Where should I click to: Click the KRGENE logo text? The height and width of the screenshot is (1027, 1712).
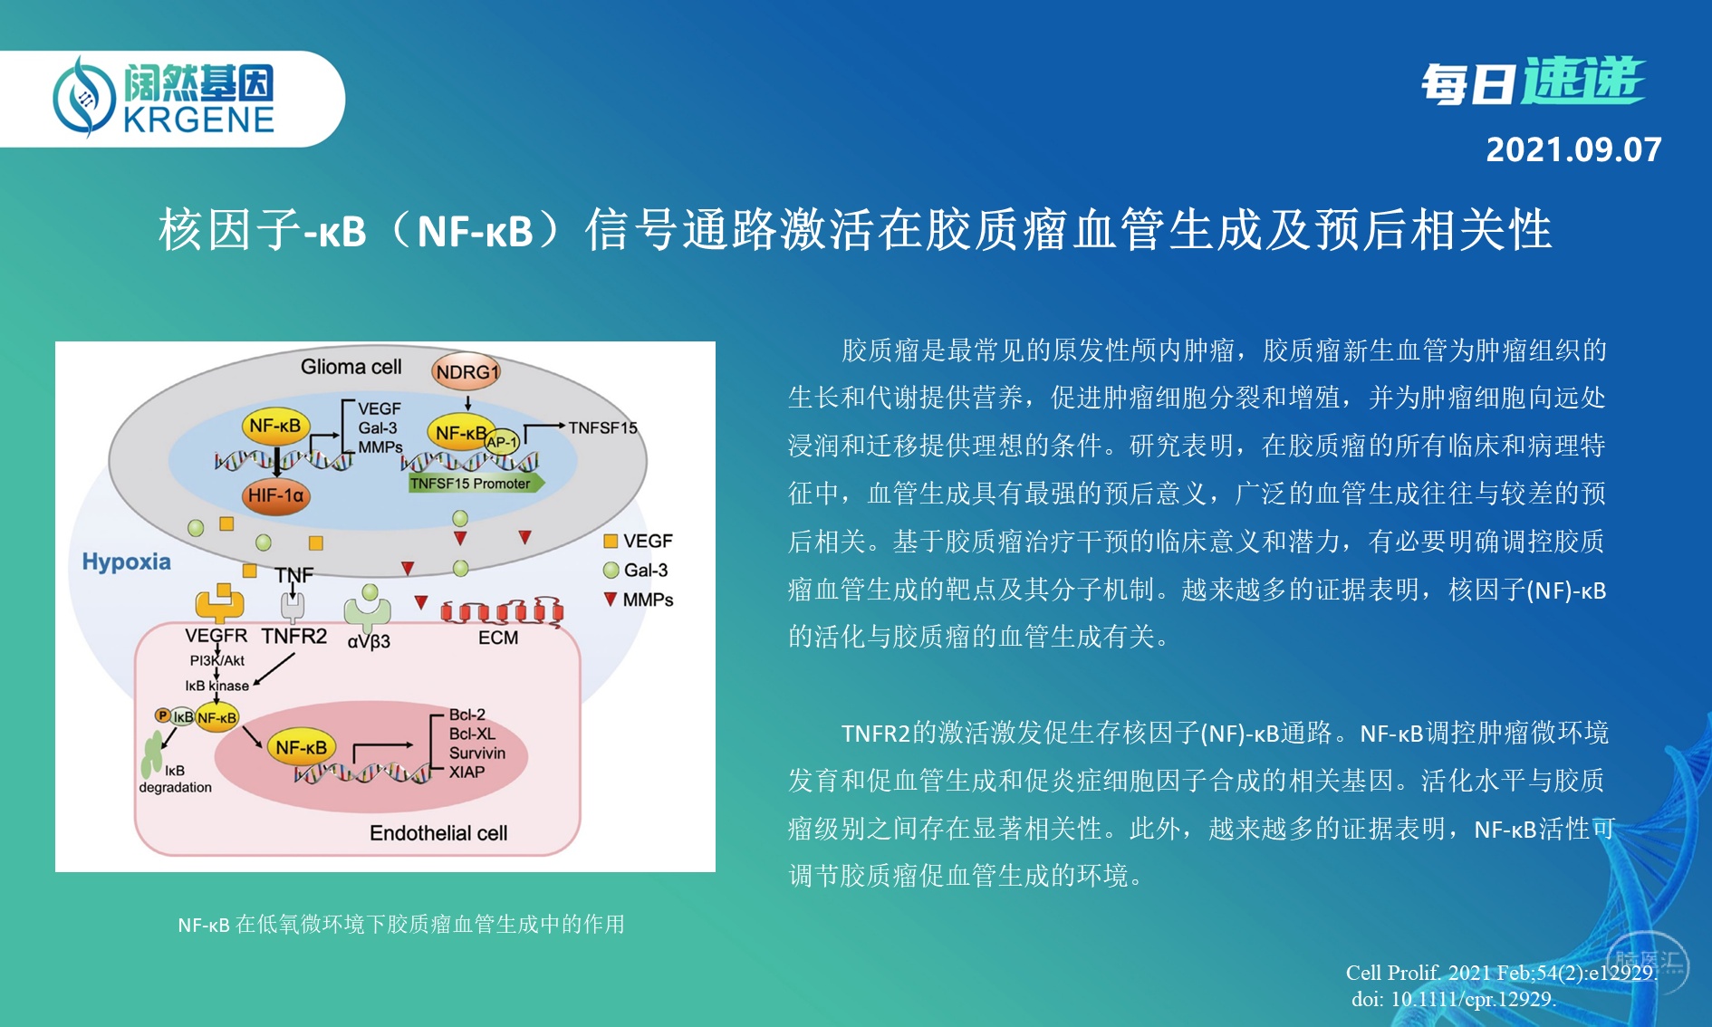click(198, 120)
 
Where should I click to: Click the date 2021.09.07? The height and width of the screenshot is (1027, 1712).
click(1573, 149)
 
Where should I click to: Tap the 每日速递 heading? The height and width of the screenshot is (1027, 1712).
click(1532, 82)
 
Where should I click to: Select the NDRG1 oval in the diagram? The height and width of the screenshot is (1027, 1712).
click(466, 371)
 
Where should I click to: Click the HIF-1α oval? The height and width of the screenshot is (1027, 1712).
click(276, 495)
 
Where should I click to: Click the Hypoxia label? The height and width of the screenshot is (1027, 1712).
click(126, 561)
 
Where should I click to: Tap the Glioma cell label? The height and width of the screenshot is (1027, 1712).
click(351, 367)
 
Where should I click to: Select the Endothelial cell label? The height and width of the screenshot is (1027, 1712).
click(438, 832)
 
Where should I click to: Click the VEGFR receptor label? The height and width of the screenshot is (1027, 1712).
click(216, 636)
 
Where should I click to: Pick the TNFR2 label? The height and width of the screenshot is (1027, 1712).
click(294, 636)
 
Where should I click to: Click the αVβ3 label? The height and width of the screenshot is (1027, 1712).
click(369, 641)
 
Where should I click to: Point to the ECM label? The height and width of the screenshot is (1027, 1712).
click(498, 638)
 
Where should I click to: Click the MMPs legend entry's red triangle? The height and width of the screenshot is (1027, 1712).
click(611, 599)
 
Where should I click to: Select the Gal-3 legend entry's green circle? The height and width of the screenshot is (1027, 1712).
click(611, 570)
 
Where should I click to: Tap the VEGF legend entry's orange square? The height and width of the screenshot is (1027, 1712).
click(611, 541)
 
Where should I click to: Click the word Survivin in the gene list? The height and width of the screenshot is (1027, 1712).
click(477, 753)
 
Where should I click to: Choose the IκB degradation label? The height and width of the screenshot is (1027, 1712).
click(175, 779)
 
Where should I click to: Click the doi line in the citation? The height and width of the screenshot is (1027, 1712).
click(1454, 999)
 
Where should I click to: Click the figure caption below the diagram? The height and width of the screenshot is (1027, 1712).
click(401, 924)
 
